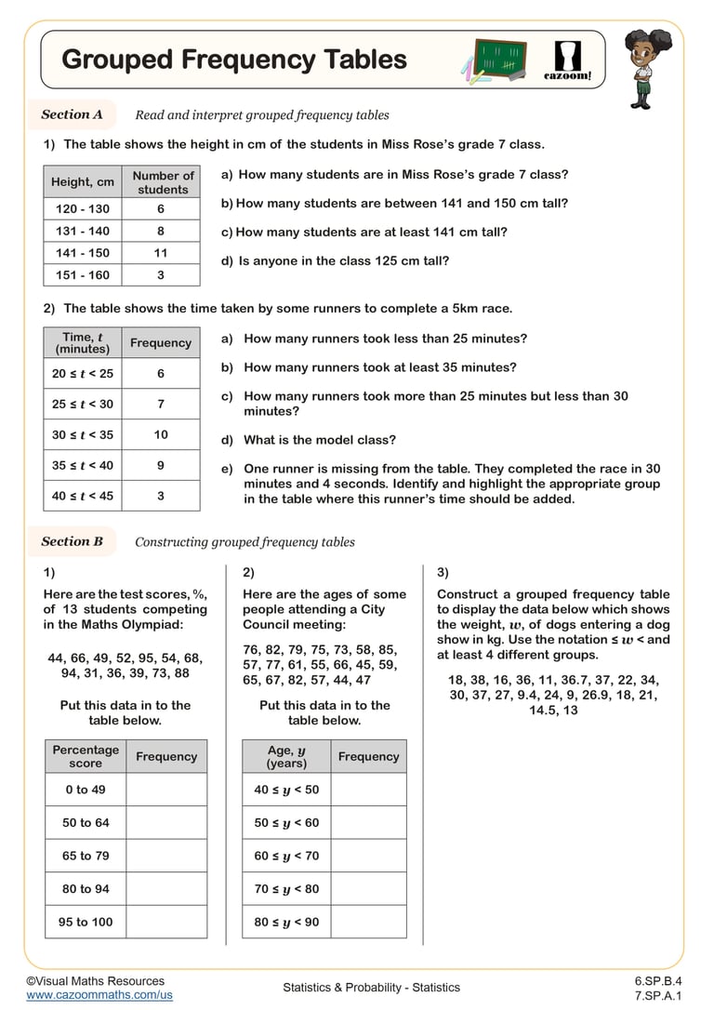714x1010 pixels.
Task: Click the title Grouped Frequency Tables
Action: point(233,60)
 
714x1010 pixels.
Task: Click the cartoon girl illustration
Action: point(641,64)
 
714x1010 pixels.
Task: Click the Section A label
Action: point(72,114)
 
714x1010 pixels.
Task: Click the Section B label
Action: point(72,541)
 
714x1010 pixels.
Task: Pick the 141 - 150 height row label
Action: point(82,253)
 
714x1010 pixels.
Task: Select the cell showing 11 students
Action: point(161,253)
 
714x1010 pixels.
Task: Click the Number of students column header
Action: point(163,182)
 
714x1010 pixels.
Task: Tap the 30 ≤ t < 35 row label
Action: point(82,434)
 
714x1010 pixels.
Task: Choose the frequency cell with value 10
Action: point(161,434)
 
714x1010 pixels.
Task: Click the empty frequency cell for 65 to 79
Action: point(166,856)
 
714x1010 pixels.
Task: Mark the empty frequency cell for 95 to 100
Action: point(166,922)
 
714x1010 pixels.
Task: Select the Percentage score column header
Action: point(86,756)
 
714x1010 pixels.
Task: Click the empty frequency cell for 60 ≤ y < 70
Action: point(368,856)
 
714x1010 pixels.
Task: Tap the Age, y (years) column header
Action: point(286,756)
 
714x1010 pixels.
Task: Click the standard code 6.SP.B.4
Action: point(658,980)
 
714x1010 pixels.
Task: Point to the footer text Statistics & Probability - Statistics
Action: point(371,988)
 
